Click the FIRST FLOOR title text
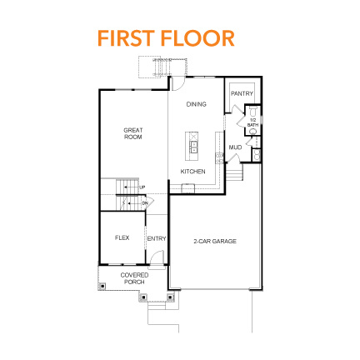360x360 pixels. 165,37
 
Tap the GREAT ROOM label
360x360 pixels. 132,132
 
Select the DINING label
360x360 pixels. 196,104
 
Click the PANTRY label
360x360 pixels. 242,93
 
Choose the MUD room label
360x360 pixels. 236,147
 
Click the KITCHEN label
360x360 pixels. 193,172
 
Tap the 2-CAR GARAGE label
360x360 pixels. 215,241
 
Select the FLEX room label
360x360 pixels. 122,238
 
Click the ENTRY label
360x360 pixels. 157,239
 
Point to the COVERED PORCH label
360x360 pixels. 133,278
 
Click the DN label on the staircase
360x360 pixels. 144,202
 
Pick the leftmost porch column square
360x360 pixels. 102,285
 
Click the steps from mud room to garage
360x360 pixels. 234,173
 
